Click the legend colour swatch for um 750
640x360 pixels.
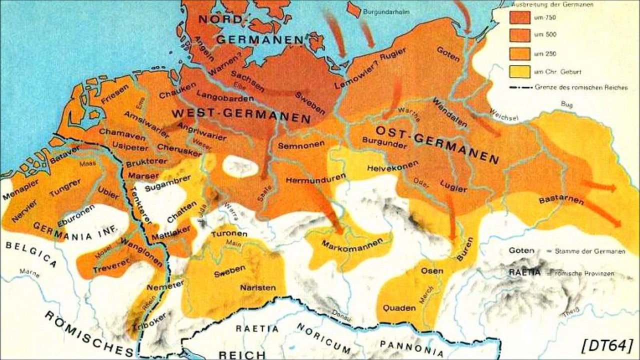click(x=519, y=16)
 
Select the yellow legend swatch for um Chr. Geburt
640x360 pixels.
click(x=519, y=71)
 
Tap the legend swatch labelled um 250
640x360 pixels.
click(x=519, y=53)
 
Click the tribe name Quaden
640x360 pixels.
click(x=399, y=307)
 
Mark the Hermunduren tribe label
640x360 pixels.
click(x=316, y=177)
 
